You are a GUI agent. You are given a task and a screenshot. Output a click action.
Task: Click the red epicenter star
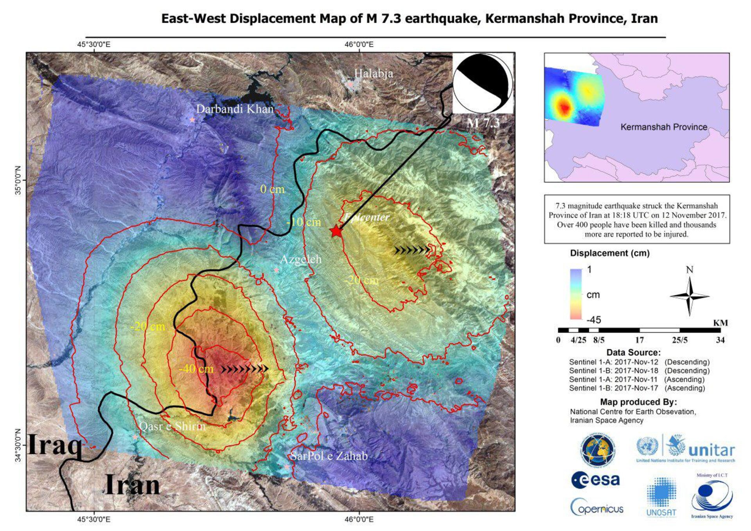[336, 231]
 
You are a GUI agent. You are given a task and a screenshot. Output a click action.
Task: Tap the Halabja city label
[373, 73]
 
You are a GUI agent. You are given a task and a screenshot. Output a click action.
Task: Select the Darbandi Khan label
[235, 109]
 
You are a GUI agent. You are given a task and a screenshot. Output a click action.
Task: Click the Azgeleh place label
[300, 259]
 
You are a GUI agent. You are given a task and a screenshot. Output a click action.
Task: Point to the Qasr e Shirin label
[172, 426]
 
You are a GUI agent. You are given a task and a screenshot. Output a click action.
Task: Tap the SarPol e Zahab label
[329, 456]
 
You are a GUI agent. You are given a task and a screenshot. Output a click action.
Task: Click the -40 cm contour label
[196, 369]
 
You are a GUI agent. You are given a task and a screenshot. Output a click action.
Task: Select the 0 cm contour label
[272, 189]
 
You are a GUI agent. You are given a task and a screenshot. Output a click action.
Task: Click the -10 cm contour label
[304, 222]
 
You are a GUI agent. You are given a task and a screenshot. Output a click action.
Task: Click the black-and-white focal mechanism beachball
[482, 83]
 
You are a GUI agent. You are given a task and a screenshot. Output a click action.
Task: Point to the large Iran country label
[133, 485]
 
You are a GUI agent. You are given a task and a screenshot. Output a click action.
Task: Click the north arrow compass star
[689, 296]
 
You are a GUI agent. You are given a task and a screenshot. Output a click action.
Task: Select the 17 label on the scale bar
[640, 340]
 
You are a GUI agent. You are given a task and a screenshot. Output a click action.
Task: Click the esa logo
[595, 480]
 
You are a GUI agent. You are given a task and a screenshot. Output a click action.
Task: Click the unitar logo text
[711, 450]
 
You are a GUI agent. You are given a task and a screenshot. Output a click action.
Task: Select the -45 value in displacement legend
[593, 320]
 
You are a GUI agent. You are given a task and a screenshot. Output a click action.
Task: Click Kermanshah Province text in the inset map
[664, 127]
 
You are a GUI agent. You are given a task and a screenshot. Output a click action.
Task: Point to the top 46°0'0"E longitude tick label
[359, 45]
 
